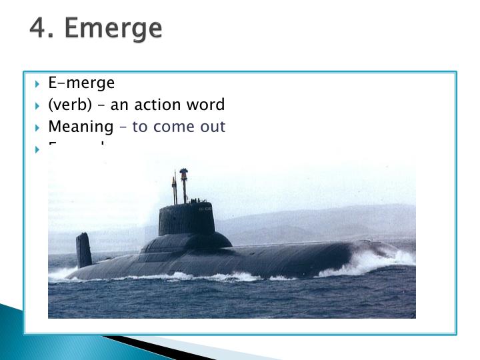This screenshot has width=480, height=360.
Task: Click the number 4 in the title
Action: (37, 28)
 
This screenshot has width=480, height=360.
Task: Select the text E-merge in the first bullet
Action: (81, 83)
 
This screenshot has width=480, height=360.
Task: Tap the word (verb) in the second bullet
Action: (67, 105)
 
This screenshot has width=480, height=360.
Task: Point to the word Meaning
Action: (81, 127)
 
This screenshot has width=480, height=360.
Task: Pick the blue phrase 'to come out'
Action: (179, 127)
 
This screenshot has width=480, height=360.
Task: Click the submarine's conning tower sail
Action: (187, 219)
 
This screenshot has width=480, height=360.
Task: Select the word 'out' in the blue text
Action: (215, 127)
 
